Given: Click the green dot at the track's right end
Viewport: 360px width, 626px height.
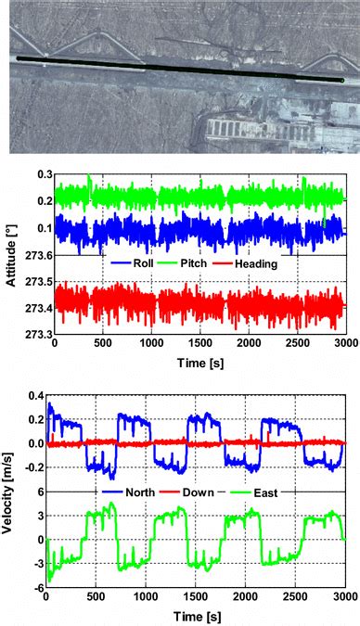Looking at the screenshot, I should [x=343, y=81].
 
